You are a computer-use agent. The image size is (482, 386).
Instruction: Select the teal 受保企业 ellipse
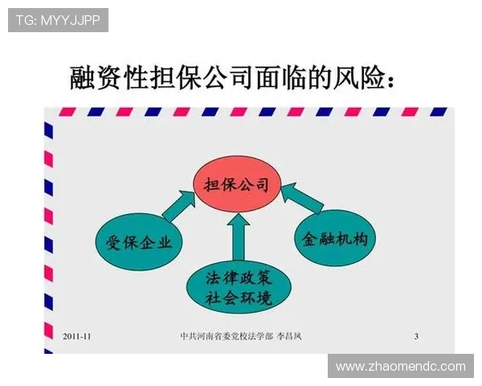pyautogui.click(x=139, y=242)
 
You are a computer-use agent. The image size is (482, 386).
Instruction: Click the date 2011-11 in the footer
pyautogui.click(x=78, y=335)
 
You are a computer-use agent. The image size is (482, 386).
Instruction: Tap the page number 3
pyautogui.click(x=416, y=335)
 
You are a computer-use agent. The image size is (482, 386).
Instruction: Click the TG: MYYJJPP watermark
pyautogui.click(x=58, y=20)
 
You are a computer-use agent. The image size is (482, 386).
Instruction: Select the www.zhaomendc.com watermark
pyautogui.click(x=401, y=366)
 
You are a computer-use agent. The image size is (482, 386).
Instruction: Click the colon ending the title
pyautogui.click(x=390, y=80)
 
